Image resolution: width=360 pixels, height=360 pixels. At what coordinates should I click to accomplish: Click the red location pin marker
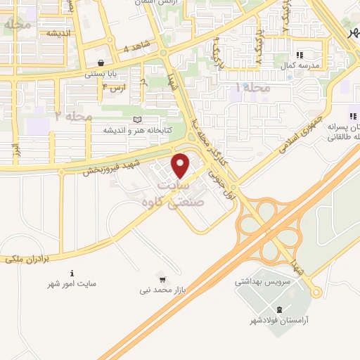tap(181, 165)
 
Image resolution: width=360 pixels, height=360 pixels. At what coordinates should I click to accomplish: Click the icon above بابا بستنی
tap(101, 63)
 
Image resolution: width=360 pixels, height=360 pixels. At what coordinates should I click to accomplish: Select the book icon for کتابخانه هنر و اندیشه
tap(136, 120)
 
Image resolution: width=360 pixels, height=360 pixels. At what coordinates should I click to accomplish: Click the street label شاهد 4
tap(136, 49)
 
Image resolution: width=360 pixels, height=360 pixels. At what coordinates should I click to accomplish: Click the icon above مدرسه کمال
tap(300, 54)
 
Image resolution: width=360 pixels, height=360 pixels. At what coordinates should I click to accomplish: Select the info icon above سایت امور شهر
tap(71, 273)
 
